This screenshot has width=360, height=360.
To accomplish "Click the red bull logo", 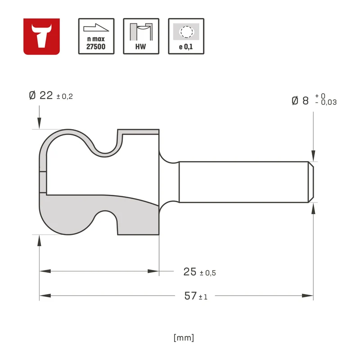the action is [x=41, y=36].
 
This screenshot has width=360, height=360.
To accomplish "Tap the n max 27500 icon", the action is [x=96, y=36].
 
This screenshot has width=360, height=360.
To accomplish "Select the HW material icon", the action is [x=141, y=36].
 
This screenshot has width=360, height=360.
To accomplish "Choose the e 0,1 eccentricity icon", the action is [x=186, y=36].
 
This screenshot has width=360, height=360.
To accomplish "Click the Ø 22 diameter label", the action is [x=41, y=95].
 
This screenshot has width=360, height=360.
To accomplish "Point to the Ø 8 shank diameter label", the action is [x=300, y=100].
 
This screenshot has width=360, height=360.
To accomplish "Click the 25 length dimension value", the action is [x=190, y=272].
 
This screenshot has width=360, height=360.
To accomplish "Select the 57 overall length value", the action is [x=190, y=296].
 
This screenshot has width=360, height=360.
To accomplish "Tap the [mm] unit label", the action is [x=184, y=338].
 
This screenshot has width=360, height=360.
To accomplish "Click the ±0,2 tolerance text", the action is [x=65, y=96].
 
